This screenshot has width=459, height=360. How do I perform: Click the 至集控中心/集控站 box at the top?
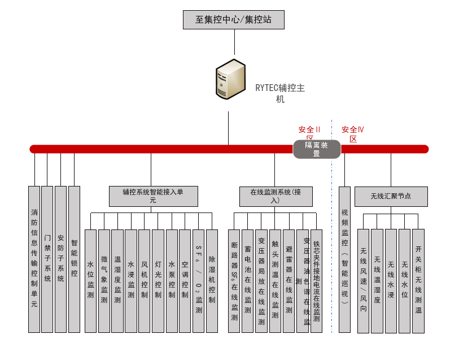click(233, 20)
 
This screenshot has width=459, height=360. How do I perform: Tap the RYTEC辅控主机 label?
click(280, 93)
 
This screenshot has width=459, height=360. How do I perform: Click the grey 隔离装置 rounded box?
click(316, 149)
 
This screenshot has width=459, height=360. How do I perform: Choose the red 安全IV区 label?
click(353, 133)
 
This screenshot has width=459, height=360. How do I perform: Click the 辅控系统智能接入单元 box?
click(153, 196)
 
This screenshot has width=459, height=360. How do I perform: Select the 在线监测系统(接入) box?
click(275, 196)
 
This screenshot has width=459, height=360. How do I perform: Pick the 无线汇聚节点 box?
click(391, 196)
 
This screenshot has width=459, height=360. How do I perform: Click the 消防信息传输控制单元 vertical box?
click(34, 259)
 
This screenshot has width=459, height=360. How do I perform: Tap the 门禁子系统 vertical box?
click(47, 259)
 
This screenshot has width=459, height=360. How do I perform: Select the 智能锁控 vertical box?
click(74, 259)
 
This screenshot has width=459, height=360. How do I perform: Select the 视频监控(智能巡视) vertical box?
click(344, 259)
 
